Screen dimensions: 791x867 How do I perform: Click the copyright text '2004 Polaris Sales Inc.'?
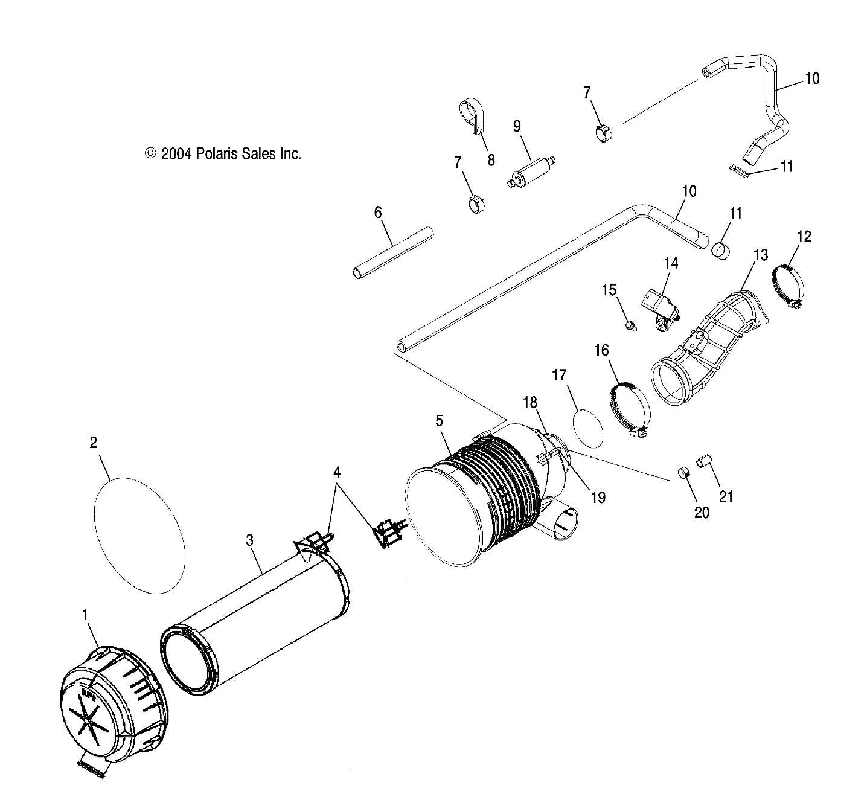pos(223,154)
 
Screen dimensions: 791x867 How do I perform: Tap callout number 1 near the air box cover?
pos(85,615)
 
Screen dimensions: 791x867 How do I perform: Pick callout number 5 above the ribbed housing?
pos(440,421)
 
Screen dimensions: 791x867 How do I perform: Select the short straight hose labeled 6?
pos(393,253)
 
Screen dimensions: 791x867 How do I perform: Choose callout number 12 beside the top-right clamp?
pos(804,236)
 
